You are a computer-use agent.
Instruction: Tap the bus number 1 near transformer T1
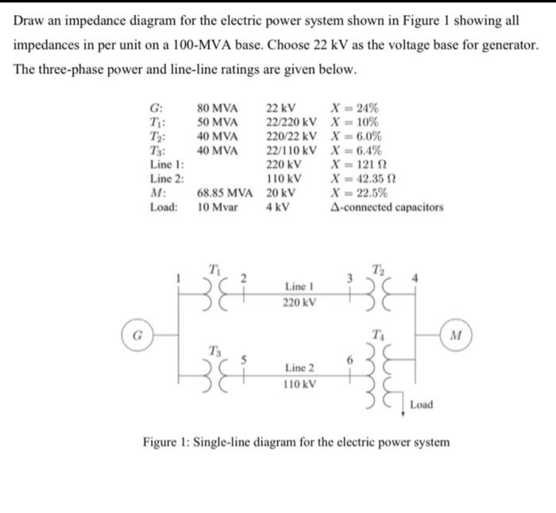point(180,278)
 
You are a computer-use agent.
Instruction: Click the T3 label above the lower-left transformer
point(213,348)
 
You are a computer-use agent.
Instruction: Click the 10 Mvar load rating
point(217,208)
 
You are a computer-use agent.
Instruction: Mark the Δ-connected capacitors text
point(386,208)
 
